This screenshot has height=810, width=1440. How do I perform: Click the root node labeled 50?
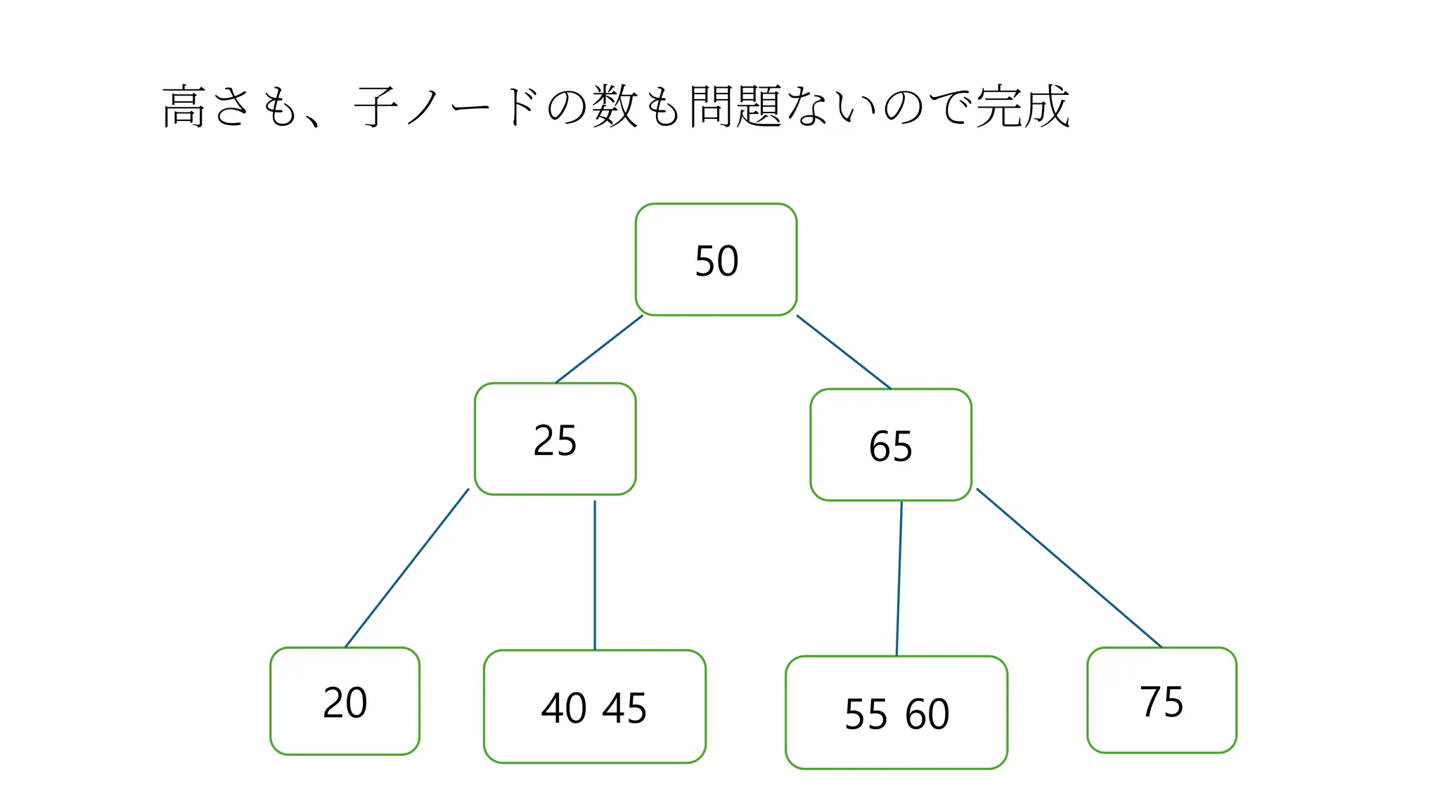(x=716, y=259)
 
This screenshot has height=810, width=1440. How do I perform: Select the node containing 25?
(x=555, y=439)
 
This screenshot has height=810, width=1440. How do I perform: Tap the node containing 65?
(x=890, y=445)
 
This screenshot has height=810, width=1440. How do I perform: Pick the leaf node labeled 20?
(x=345, y=701)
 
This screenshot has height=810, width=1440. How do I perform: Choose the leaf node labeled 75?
(x=1162, y=700)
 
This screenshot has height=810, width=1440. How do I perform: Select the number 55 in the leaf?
(x=866, y=714)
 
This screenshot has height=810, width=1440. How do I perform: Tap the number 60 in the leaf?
(x=927, y=714)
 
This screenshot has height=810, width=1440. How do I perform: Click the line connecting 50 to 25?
(x=599, y=349)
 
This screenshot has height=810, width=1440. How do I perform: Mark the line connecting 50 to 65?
(x=843, y=352)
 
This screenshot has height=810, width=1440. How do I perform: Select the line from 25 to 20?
(x=406, y=568)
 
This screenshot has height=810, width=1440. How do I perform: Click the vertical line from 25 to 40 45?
(x=595, y=575)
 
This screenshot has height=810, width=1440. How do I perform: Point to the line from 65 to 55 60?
(x=899, y=578)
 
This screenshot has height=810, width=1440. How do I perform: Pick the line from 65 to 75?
(x=1069, y=567)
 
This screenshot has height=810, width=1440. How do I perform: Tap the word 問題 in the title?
(x=735, y=107)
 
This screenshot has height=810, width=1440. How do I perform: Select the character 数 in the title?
(x=615, y=107)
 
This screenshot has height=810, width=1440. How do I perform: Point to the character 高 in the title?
(x=184, y=107)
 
